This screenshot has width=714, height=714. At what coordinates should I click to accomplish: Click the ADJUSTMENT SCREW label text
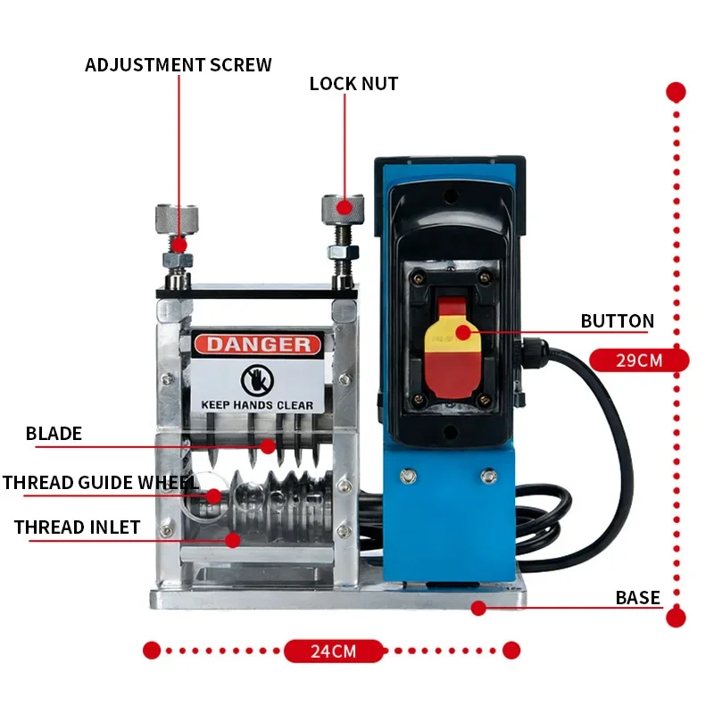(178, 64)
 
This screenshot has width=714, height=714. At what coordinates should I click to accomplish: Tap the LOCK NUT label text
(353, 84)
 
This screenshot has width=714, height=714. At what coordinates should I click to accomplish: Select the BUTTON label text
(617, 321)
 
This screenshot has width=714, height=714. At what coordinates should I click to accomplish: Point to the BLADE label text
(54, 434)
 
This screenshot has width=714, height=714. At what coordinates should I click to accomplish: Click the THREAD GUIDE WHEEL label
(101, 483)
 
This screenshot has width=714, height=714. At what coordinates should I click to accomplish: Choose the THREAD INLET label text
(77, 527)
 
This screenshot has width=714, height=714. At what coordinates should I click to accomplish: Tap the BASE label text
(637, 598)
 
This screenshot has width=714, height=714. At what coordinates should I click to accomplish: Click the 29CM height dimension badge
(639, 361)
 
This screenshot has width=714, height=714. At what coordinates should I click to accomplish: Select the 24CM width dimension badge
(334, 652)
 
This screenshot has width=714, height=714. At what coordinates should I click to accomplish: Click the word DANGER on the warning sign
(258, 345)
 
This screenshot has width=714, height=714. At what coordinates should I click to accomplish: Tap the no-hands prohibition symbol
(257, 381)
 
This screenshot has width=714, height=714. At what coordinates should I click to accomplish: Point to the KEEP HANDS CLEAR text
(257, 405)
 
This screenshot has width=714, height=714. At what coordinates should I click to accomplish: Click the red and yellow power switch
(452, 347)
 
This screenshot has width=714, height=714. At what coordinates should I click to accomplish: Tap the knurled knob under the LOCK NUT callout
(343, 209)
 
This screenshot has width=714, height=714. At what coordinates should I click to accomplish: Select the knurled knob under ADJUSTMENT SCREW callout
(177, 219)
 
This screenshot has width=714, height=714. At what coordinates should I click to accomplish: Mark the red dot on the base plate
(478, 608)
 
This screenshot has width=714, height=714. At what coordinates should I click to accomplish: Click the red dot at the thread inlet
(233, 541)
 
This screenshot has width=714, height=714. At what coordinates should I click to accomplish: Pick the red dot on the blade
(268, 447)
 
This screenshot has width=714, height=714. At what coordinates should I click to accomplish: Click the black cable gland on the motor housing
(531, 353)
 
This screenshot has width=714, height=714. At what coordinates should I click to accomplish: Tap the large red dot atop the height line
(676, 92)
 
